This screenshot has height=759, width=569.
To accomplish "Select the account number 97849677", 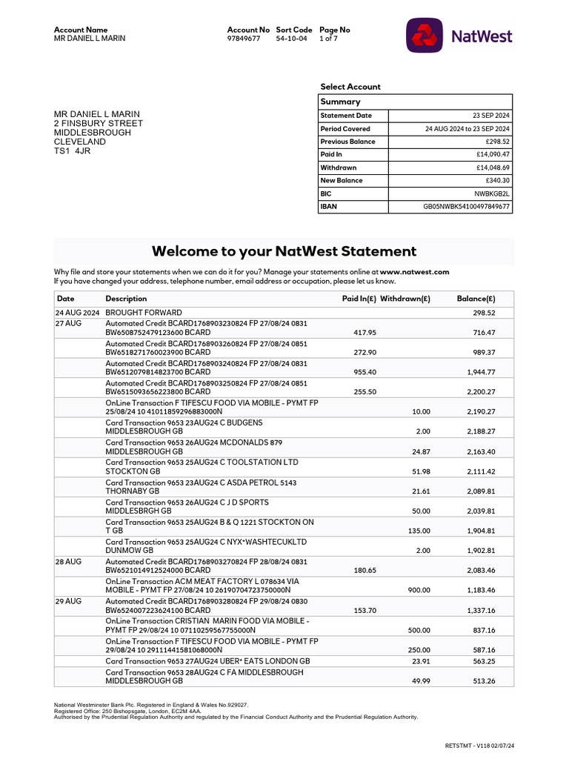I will tap(244, 39).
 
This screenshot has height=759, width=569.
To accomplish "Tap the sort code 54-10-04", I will tap(291, 39).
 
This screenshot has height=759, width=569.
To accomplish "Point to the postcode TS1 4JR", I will tap(71, 150).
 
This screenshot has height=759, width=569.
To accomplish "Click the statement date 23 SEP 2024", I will tap(490, 116).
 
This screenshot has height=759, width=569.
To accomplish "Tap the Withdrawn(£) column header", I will tap(405, 299).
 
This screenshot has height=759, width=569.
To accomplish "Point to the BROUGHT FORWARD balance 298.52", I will tap(484, 313).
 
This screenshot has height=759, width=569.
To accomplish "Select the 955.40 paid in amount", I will tap(365, 372).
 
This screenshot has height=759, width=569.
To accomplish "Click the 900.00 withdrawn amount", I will tap(419, 590).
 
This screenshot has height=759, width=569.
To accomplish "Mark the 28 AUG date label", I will tap(68, 562).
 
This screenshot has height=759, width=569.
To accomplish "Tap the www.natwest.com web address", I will tap(415, 272).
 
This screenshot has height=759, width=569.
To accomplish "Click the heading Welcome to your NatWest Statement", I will tap(284, 251).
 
